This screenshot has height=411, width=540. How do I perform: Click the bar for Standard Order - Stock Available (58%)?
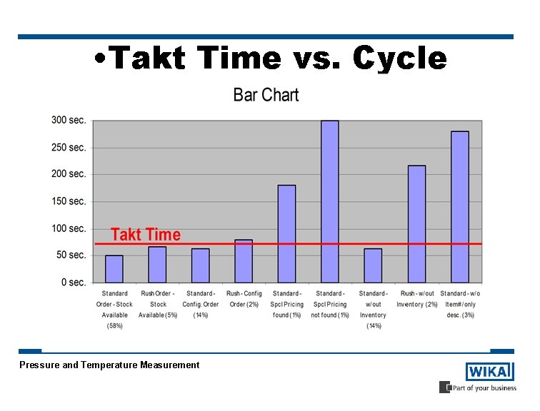tap(114, 269)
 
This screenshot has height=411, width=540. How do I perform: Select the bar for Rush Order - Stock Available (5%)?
tap(157, 265)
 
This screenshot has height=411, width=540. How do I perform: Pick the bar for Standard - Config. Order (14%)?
tap(201, 265)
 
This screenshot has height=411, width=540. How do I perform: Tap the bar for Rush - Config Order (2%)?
tap(244, 261)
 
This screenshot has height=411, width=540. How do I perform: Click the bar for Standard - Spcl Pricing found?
tap(286, 234)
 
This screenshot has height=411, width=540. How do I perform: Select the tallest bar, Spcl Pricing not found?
tap(330, 202)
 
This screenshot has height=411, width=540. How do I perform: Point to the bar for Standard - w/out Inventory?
tap(373, 265)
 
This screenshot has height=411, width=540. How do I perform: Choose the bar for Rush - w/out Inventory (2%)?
tap(416, 224)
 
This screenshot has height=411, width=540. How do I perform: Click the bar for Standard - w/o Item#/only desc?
tap(460, 207)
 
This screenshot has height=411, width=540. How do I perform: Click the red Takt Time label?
tap(146, 235)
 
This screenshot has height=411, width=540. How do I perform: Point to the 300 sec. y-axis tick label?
tap(69, 121)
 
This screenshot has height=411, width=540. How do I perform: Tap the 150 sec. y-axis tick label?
tap(69, 201)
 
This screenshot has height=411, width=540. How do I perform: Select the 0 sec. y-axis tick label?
tap(73, 283)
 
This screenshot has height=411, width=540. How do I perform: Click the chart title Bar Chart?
tap(266, 95)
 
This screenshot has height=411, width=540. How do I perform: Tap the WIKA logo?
tap(489, 372)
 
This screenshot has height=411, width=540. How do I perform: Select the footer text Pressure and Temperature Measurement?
tap(109, 365)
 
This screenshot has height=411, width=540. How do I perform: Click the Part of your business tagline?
tap(483, 387)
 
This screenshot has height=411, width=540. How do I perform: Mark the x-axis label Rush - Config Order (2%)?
tap(244, 299)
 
